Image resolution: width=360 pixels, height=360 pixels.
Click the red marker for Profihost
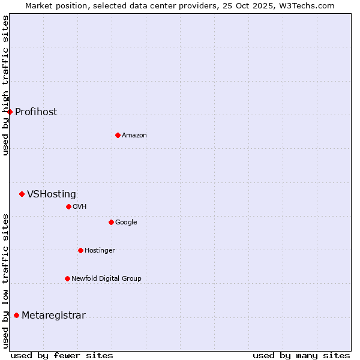pyautogui.click(x=10, y=112)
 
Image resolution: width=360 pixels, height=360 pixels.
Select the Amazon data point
pyautogui.click(x=118, y=135)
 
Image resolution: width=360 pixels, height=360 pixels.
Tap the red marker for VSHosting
pyautogui.click(x=22, y=194)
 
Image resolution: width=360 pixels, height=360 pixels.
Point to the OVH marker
pyautogui.click(x=68, y=206)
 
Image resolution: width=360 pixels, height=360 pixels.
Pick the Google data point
pyautogui.click(x=111, y=222)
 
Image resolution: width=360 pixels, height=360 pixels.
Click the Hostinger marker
pyautogui.click(x=80, y=250)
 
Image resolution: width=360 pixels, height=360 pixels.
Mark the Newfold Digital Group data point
pyautogui.click(x=67, y=278)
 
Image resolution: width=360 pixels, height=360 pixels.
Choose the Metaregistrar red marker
pyautogui.click(x=16, y=315)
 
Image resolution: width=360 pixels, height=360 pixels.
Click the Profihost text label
pyautogui.click(x=36, y=112)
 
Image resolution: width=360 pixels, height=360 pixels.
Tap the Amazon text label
pyautogui.click(x=134, y=135)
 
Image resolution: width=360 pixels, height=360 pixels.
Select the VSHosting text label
pyautogui.click(x=52, y=194)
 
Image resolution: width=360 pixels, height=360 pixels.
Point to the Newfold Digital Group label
pyautogui.click(x=106, y=278)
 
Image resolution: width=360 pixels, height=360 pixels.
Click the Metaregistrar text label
pyautogui.click(x=53, y=316)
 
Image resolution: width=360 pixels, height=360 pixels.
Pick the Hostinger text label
pyautogui.click(x=100, y=250)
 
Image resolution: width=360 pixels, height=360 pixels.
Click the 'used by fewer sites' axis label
pyautogui.click(x=62, y=355)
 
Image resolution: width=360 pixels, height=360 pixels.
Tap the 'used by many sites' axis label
pyautogui.click(x=301, y=355)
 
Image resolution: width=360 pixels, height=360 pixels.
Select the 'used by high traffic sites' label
pyautogui.click(x=5, y=85)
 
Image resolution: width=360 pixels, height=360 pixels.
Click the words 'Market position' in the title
pyautogui.click(x=53, y=5)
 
